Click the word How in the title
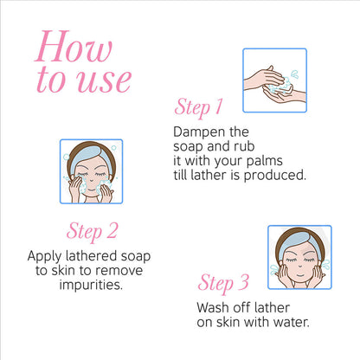[x=74, y=46]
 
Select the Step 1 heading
[x=199, y=108]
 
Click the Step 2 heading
[x=93, y=232]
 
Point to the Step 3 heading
[x=223, y=283]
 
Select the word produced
[x=274, y=176]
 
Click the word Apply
[x=44, y=257]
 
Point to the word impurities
[x=91, y=285]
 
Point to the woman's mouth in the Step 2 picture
[x=91, y=190]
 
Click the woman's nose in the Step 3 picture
[x=300, y=265]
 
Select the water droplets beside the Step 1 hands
[x=294, y=74]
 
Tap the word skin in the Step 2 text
[x=62, y=271]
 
